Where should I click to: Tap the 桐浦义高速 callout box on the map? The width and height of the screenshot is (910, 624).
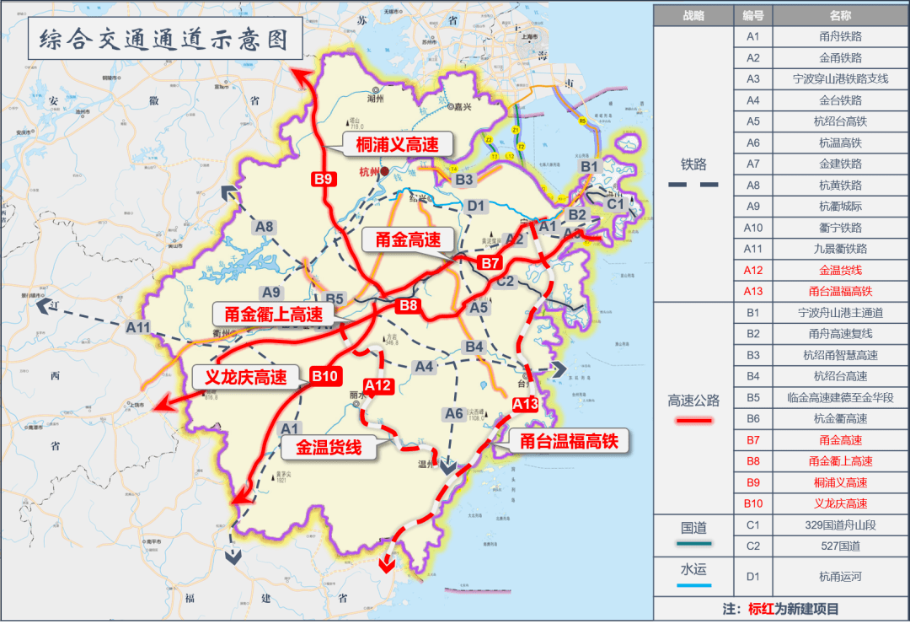pyautogui.click(x=398, y=144)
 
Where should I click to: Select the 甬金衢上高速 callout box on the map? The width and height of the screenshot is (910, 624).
pyautogui.click(x=274, y=315)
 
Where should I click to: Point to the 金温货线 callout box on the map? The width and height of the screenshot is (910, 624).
pyautogui.click(x=328, y=448)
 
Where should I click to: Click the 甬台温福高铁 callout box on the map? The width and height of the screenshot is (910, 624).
pyautogui.click(x=569, y=439)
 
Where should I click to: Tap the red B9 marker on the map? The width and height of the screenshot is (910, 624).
pyautogui.click(x=324, y=179)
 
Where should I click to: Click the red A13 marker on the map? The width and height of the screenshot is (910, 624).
pyautogui.click(x=525, y=405)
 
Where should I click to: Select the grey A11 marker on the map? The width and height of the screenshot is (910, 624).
pyautogui.click(x=137, y=326)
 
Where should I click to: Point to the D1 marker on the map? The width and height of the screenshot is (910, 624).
pyautogui.click(x=477, y=206)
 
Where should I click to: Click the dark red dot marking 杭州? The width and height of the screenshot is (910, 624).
pyautogui.click(x=384, y=170)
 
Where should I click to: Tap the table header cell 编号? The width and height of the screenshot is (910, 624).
pyautogui.click(x=753, y=15)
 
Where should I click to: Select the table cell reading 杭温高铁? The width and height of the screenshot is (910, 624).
pyautogui.click(x=840, y=143)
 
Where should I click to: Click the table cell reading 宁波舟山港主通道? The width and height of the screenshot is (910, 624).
pyautogui.click(x=840, y=313)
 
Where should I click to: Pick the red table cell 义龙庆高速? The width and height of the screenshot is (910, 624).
pyautogui.click(x=840, y=503)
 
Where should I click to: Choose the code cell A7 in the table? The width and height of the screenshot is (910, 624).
pyautogui.click(x=753, y=164)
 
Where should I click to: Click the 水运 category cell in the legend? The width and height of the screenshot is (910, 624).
pyautogui.click(x=694, y=569)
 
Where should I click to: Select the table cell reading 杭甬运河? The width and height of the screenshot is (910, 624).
pyautogui.click(x=840, y=578)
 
